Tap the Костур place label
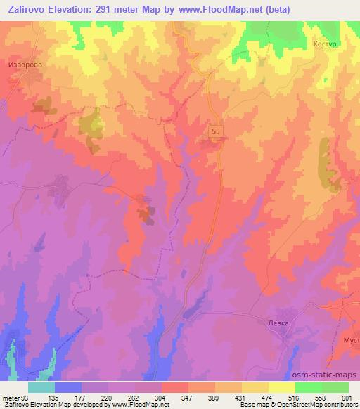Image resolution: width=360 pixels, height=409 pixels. pyautogui.click(x=326, y=44)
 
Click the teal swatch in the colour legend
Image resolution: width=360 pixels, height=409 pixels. pyautogui.click(x=41, y=387)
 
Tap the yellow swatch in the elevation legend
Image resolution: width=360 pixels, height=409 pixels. pyautogui.click(x=281, y=387)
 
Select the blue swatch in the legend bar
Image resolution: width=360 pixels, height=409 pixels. pyautogui.click(x=68, y=387)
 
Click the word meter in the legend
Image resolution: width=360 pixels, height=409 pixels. pyautogui.click(x=11, y=398)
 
